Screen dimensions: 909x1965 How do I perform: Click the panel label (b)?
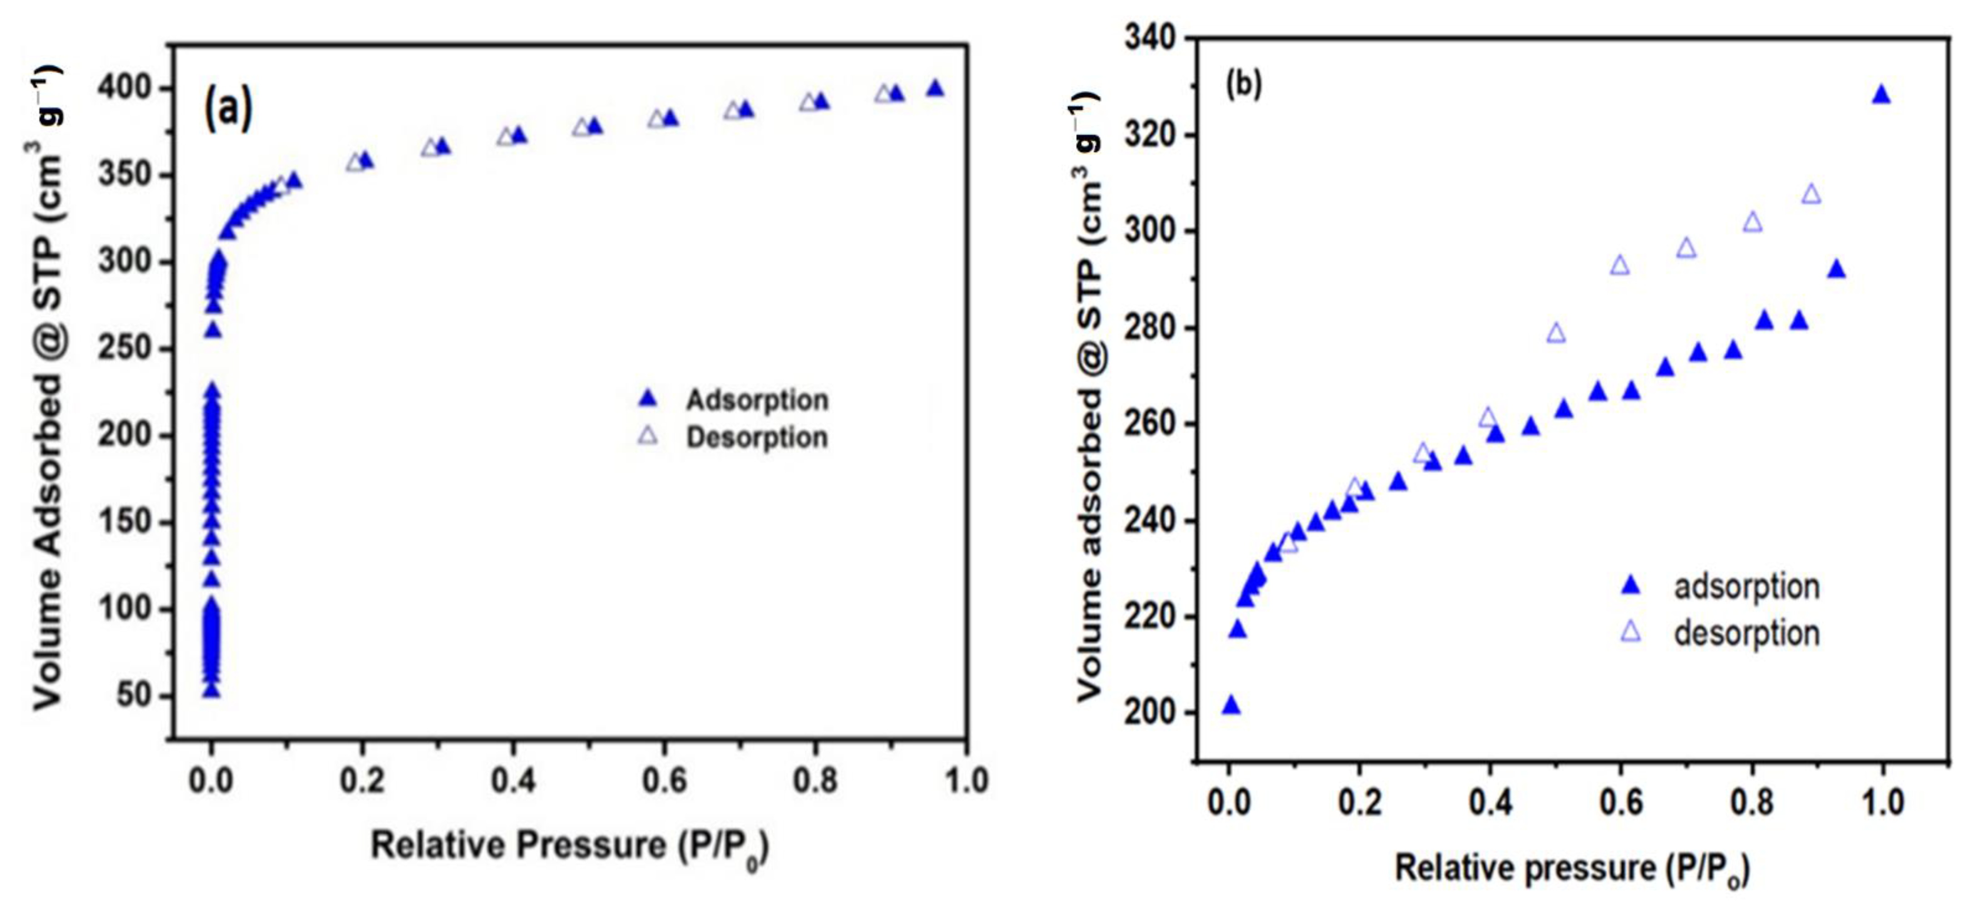coord(1243,85)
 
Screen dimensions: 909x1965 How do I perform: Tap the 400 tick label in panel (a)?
coord(124,89)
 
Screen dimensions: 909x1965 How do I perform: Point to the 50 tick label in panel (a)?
coord(136,695)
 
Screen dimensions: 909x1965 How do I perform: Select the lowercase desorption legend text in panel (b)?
coord(1746,633)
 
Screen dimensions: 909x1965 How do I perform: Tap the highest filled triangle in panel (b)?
coord(1881,95)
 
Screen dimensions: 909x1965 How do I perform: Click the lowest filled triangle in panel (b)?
coord(1231,705)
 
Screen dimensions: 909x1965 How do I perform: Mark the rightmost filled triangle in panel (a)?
coord(935,89)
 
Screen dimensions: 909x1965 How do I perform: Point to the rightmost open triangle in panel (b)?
coord(1811,195)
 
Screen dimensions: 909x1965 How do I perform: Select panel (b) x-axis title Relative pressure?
coord(1571,869)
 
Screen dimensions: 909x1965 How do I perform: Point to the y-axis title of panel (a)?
coord(47,389)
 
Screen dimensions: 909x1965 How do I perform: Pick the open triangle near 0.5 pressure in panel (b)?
coord(1556,333)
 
